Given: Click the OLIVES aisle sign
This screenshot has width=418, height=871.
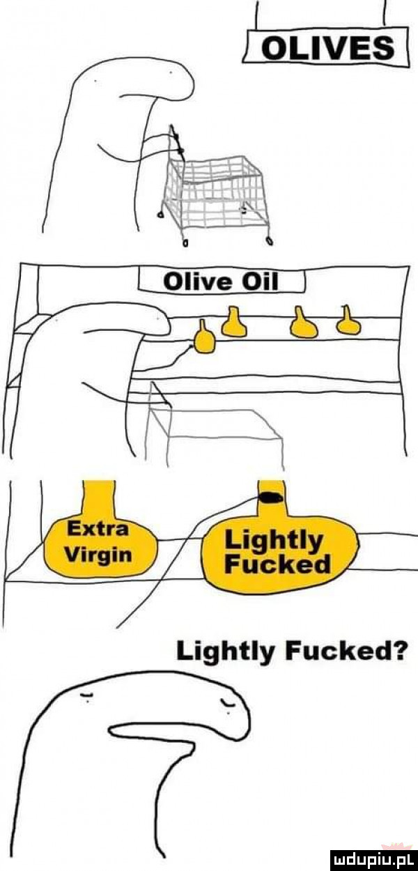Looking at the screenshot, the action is click(326, 46).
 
